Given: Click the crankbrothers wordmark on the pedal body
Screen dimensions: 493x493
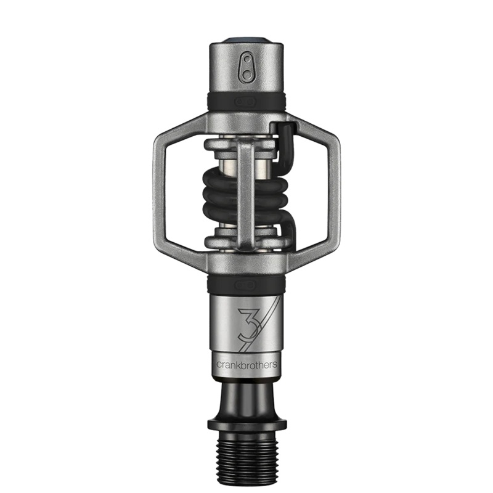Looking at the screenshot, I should tap(246, 365).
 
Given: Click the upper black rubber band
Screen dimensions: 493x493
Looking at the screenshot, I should tap(246, 101).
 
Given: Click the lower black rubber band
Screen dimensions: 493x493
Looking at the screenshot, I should tap(246, 284).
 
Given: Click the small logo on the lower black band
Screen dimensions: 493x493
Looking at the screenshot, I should tap(246, 284).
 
